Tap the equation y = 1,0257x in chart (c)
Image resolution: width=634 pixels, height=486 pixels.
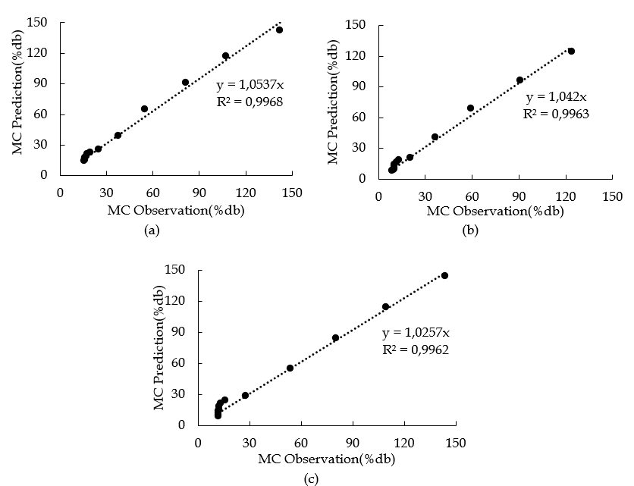pyautogui.click(x=416, y=333)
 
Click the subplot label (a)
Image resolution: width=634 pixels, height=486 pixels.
pyautogui.click(x=152, y=231)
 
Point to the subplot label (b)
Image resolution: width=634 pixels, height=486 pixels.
pyautogui.click(x=470, y=231)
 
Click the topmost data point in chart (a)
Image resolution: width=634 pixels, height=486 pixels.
pyautogui.click(x=279, y=30)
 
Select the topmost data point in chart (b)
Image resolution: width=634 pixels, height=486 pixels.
pyautogui.click(x=571, y=52)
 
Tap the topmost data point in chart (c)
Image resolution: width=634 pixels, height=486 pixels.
pyautogui.click(x=444, y=276)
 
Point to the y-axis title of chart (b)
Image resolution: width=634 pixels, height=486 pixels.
pyautogui.click(x=333, y=102)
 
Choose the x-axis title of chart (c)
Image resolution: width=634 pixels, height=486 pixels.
pyautogui.click(x=327, y=459)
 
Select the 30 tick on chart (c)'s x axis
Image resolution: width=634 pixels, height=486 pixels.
pyautogui.click(x=250, y=443)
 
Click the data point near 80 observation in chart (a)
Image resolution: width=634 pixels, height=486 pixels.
pyautogui.click(x=185, y=83)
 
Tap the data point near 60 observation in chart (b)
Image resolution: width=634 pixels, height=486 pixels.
pyautogui.click(x=470, y=108)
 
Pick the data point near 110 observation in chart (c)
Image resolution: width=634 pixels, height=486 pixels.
pyautogui.click(x=385, y=307)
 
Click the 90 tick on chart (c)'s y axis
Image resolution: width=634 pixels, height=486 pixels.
pyautogui.click(x=180, y=332)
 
